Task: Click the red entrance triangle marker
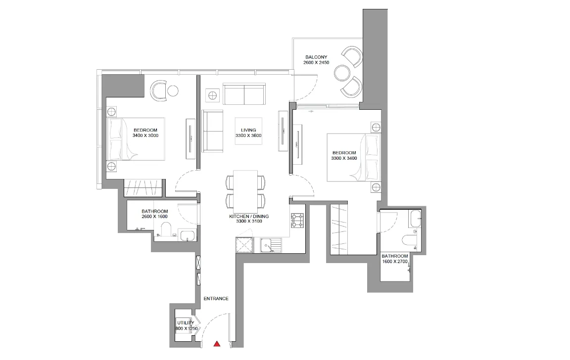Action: click(217, 344)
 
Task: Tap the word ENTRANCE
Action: click(216, 299)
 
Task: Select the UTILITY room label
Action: click(186, 322)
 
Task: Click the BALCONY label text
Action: click(316, 57)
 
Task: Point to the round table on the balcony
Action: click(342, 73)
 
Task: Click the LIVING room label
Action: click(249, 130)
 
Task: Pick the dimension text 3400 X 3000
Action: click(145, 135)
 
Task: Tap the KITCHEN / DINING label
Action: click(249, 216)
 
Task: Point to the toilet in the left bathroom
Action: click(167, 229)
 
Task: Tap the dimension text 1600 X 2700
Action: click(395, 261)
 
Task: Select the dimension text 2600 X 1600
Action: click(155, 217)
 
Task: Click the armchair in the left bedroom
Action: click(159, 90)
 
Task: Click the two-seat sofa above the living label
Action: click(244, 94)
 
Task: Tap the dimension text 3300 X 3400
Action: click(344, 158)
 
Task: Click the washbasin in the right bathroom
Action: click(415, 218)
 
